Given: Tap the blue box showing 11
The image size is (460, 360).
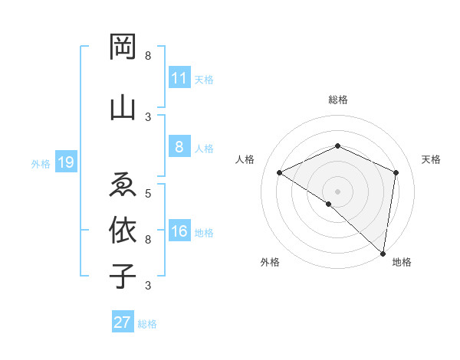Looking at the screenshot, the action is pyautogui.click(x=179, y=78).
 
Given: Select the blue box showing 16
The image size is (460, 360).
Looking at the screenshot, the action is pyautogui.click(x=179, y=231).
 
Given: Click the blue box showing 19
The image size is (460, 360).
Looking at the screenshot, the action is pyautogui.click(x=65, y=162).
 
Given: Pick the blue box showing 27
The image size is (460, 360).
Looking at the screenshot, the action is pyautogui.click(x=123, y=322).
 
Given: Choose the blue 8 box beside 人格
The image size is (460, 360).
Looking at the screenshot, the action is pyautogui.click(x=179, y=147).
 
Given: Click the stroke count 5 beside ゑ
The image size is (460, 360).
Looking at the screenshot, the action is pyautogui.click(x=148, y=193).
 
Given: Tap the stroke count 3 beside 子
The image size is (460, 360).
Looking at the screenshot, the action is pyautogui.click(x=148, y=286).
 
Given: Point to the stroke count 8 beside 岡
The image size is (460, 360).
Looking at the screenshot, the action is pyautogui.click(x=148, y=56).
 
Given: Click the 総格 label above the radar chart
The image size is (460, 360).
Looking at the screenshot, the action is pyautogui.click(x=338, y=100).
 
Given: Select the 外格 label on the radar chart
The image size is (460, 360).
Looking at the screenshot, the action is pyautogui.click(x=270, y=262).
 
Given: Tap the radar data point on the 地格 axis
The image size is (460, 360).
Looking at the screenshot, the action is pyautogui.click(x=383, y=252).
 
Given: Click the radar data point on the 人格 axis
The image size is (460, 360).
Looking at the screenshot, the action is pyautogui.click(x=280, y=173).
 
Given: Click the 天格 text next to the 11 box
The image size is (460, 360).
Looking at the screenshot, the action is pyautogui.click(x=204, y=79).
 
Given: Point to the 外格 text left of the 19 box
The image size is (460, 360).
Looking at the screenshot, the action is pyautogui.click(x=41, y=162).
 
